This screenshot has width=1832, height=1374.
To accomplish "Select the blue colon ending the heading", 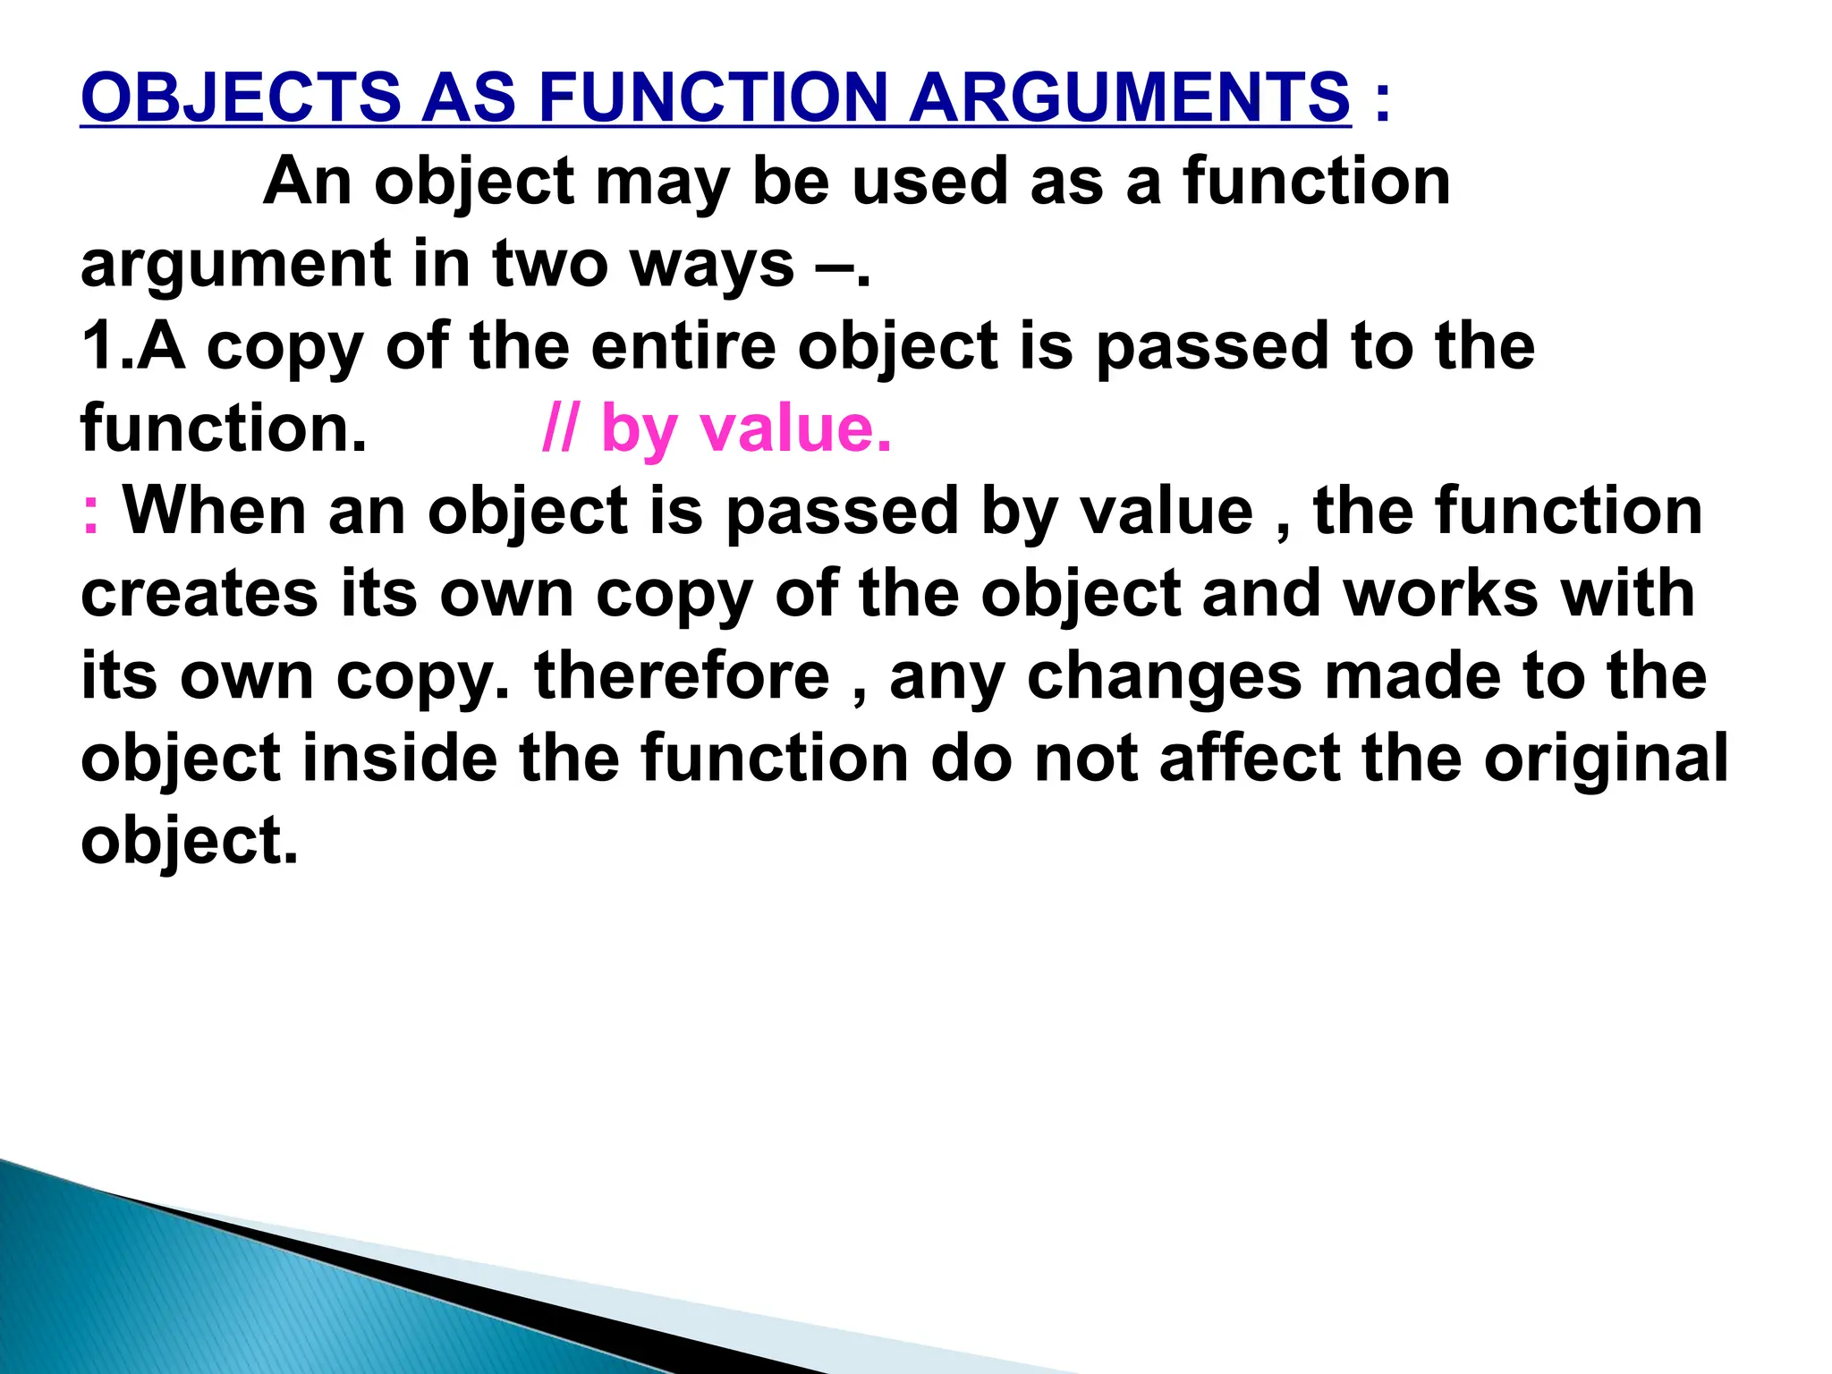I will click(1382, 98).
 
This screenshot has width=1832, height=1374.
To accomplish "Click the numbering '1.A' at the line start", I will click(133, 346).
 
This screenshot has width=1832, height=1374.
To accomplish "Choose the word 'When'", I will click(215, 511).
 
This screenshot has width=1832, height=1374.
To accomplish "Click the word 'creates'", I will click(199, 593).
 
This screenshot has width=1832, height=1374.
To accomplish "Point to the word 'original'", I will click(1606, 759).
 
